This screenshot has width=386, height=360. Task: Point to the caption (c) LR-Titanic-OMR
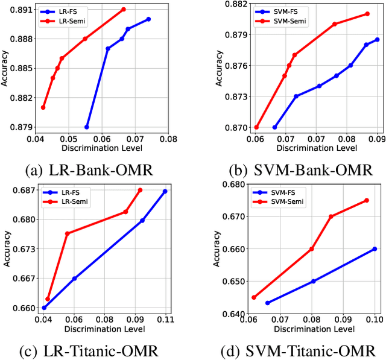89,350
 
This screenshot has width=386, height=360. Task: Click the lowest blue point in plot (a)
87,127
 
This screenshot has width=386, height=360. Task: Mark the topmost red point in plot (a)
124,9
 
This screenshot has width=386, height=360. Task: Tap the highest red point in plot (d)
367,200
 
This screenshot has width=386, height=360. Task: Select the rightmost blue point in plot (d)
375,248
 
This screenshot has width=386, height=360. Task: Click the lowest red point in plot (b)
256,127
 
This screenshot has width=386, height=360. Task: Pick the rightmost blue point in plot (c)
165,191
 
